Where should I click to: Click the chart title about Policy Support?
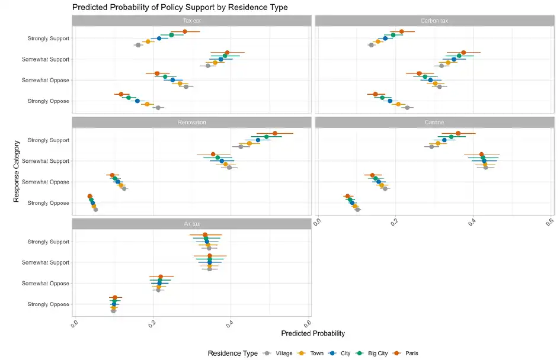pyautogui.click(x=180, y=7)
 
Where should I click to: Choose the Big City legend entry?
pyautogui.click(x=377, y=353)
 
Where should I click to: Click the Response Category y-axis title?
pyautogui.click(x=17, y=171)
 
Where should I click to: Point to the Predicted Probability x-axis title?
pyautogui.click(x=313, y=334)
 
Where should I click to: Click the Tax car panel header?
pyautogui.click(x=191, y=21)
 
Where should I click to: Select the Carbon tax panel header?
pyautogui.click(x=434, y=21)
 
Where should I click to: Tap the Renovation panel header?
pyautogui.click(x=191, y=123)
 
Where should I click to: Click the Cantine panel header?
pyautogui.click(x=434, y=123)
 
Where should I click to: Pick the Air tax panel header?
pyautogui.click(x=191, y=224)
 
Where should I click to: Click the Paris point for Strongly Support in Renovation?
pyautogui.click(x=274, y=134)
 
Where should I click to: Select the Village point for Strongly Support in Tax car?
pyautogui.click(x=138, y=45)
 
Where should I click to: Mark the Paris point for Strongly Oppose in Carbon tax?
pyautogui.click(x=375, y=94)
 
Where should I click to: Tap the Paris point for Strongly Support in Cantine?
pyautogui.click(x=458, y=134)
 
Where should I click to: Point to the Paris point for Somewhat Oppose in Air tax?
pyautogui.click(x=161, y=277)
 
